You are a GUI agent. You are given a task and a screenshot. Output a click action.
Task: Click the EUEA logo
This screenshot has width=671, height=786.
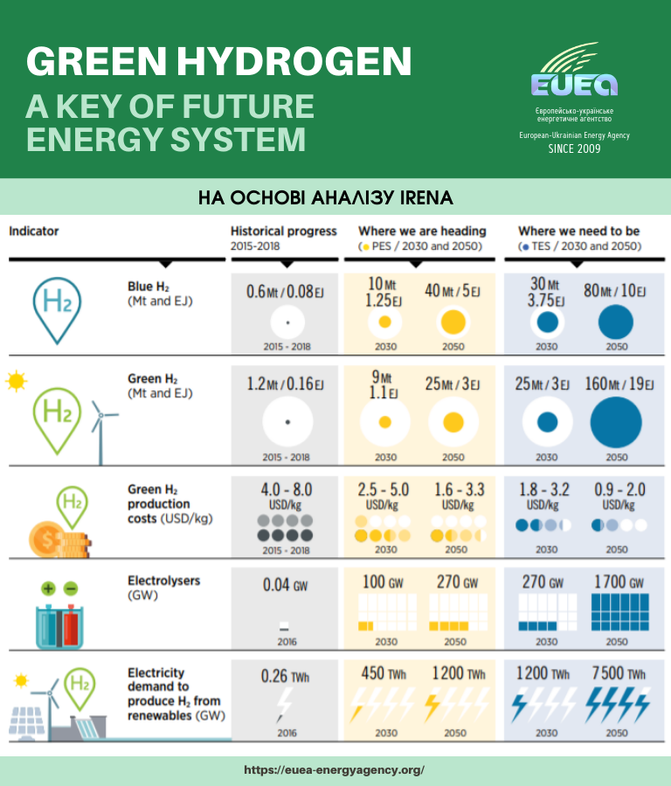coord(574,73)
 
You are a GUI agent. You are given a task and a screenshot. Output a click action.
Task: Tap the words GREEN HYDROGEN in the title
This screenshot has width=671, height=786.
coord(218,61)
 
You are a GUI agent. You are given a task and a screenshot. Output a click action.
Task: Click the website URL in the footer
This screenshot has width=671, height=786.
coord(335,770)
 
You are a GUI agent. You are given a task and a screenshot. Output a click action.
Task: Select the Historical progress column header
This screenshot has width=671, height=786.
coord(284,231)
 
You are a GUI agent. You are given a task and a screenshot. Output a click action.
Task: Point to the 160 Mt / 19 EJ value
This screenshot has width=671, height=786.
coord(616,384)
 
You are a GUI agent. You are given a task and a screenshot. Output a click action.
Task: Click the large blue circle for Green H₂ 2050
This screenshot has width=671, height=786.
coord(616,421)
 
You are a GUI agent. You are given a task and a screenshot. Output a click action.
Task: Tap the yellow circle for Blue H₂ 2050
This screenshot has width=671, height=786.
coord(453,322)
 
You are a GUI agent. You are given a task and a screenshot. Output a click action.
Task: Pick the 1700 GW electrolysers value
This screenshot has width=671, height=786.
coord(616,582)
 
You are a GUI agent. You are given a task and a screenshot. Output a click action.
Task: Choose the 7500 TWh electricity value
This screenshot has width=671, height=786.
coord(616,674)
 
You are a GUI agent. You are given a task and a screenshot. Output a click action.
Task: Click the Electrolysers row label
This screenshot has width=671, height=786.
coord(163,580)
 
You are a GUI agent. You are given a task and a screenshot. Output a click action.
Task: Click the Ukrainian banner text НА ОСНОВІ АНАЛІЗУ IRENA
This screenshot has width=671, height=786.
coord(326,198)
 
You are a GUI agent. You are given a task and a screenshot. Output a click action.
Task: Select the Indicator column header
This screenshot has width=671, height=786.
coord(34,231)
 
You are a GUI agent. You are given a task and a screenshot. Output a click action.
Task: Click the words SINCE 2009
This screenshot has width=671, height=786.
coord(574,148)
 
